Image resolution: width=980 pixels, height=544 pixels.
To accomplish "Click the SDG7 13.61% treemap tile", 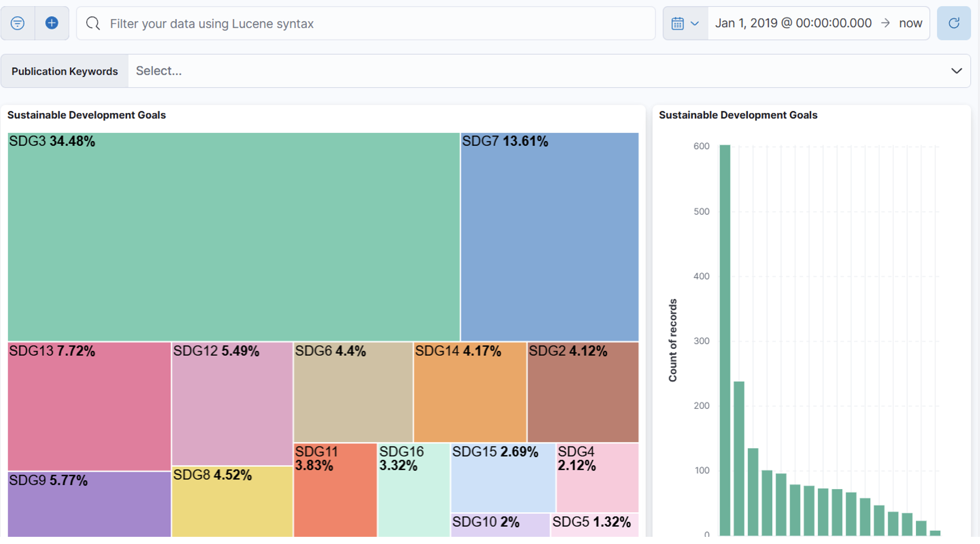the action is pos(550,237).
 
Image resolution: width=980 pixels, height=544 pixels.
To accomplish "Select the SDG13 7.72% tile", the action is pos(89,406).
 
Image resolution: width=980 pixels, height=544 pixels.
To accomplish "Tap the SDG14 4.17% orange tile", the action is pos(470,392).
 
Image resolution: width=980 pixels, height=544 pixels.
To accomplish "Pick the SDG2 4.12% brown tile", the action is pos(583,392).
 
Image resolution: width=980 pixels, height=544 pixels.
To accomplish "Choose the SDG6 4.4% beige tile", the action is pos(353,392).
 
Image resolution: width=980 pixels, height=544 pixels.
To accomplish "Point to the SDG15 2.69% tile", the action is pos(503,478).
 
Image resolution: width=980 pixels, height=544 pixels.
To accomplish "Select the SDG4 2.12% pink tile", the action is pos(598,478).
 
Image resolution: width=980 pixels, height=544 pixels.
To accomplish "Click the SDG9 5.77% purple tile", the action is pos(89,504).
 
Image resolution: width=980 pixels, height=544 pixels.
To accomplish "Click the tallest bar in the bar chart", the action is pos(724,340).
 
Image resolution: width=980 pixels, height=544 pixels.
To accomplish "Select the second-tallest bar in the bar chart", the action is pos(739,458).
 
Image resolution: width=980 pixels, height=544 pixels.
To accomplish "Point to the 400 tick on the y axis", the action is pos(701,276).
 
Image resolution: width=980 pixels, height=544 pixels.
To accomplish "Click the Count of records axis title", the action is pos(673,340).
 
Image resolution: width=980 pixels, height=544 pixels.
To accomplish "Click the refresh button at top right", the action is pos(954,23).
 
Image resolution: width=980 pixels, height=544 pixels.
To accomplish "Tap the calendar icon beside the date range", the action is pos(677,24).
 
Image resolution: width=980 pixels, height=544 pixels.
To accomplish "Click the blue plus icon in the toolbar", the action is pos(52,23).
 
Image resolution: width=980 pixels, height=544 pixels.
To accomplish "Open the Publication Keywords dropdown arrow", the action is pos(956,71).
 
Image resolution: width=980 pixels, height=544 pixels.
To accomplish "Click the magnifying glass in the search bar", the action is pos(93,23).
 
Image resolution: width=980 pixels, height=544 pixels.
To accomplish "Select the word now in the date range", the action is pos(911,23).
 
